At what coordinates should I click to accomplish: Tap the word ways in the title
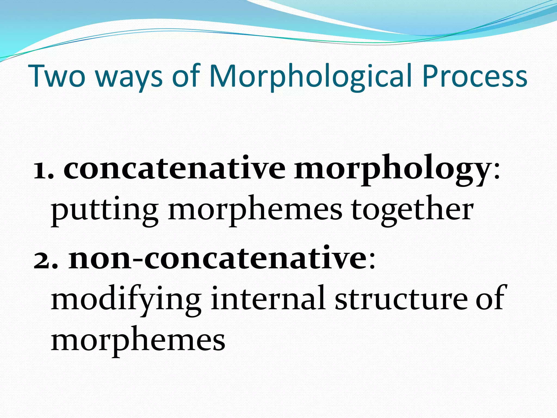pos(129,78)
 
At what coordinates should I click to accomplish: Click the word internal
pos(268,299)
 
